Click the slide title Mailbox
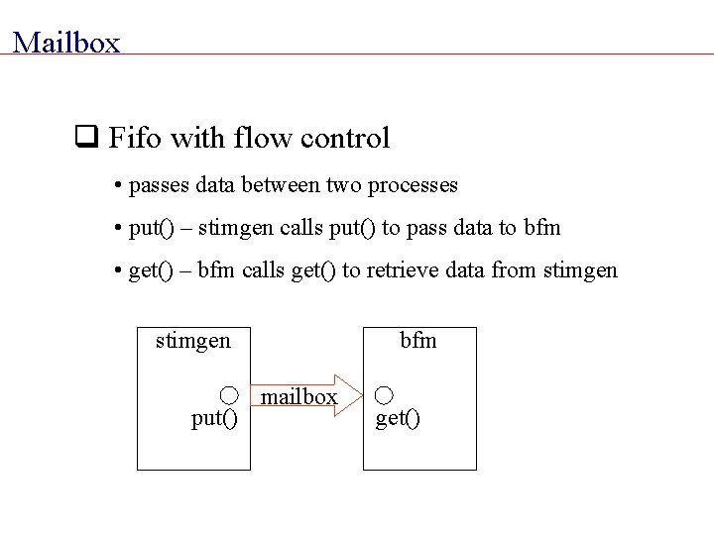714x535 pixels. [x=66, y=43]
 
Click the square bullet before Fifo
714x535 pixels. [x=85, y=138]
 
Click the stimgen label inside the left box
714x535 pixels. [x=193, y=342]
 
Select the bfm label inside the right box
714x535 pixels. [x=418, y=342]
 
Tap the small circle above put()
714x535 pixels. [x=228, y=395]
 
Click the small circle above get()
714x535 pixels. [x=385, y=395]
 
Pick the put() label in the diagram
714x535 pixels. [x=214, y=419]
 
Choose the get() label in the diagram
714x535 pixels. [x=398, y=419]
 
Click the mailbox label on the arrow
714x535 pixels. [x=298, y=397]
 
